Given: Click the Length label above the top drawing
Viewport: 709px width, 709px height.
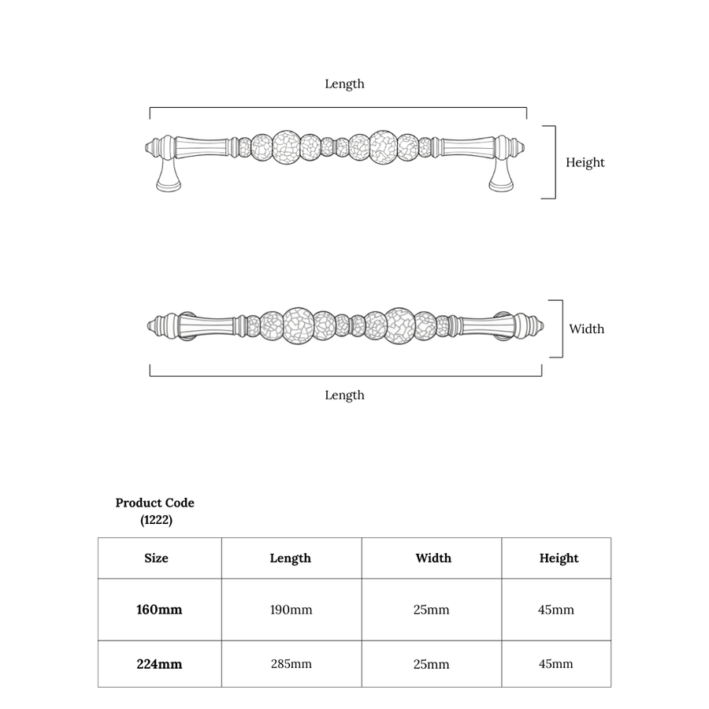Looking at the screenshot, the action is pyautogui.click(x=344, y=84).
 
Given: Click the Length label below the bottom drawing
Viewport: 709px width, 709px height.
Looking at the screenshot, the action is pyautogui.click(x=344, y=395).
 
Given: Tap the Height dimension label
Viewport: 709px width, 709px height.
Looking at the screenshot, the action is pyautogui.click(x=585, y=163).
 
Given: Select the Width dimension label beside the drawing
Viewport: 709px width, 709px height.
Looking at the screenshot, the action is pyautogui.click(x=586, y=329).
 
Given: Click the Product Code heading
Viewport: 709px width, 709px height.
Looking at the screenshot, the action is pyautogui.click(x=155, y=503).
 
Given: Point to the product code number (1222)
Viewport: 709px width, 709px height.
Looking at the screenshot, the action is pyautogui.click(x=156, y=520).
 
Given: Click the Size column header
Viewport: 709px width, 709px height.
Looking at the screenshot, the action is pyautogui.click(x=157, y=558).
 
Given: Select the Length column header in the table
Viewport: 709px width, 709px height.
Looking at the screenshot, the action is pyautogui.click(x=290, y=559).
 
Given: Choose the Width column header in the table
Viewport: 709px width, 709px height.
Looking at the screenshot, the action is pyautogui.click(x=433, y=558).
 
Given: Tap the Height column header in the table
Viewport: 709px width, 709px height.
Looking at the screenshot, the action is pyautogui.click(x=559, y=559).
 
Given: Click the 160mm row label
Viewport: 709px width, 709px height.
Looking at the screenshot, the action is pyautogui.click(x=159, y=610).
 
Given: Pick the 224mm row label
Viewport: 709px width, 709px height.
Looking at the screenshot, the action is pyautogui.click(x=159, y=664).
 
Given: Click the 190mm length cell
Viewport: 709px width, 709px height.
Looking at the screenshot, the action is pyautogui.click(x=291, y=610).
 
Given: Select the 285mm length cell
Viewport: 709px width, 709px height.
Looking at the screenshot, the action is pyautogui.click(x=291, y=664).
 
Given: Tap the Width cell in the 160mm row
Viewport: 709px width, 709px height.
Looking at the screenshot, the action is pyautogui.click(x=432, y=610).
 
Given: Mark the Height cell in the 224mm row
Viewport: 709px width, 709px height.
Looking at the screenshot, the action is pyautogui.click(x=555, y=664).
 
